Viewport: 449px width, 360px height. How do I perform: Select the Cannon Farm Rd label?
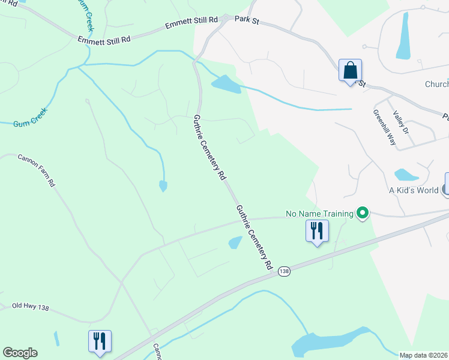pos(37,170)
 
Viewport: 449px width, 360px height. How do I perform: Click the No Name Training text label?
pos(319,213)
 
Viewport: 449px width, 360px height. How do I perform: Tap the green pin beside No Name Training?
pos(363,213)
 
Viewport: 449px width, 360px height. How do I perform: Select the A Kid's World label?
pos(413,190)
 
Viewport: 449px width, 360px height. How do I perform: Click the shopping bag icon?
pos(350,71)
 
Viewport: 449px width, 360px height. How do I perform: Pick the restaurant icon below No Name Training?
pos(316,231)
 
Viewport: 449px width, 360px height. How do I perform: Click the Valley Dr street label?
pos(400,122)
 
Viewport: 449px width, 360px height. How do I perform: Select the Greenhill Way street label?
pos(384,128)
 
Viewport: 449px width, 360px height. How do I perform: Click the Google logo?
pos(20,353)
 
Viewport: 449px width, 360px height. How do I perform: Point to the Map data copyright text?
pos(424,355)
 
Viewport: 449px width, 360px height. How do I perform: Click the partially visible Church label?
pos(436,85)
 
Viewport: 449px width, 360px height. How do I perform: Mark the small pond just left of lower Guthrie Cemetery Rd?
pos(235,242)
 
